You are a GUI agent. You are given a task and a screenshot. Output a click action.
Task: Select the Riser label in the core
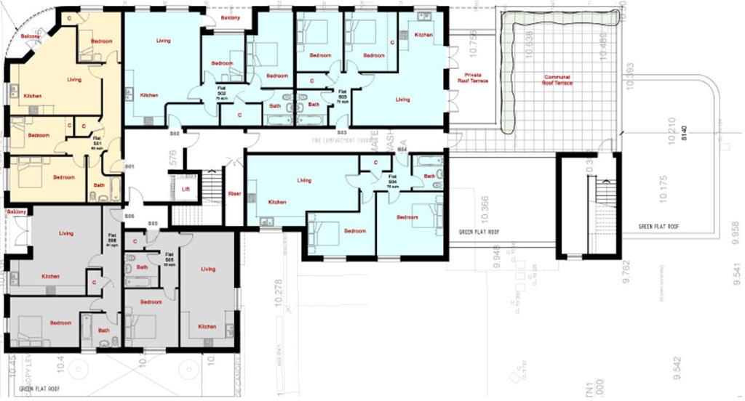(234, 194)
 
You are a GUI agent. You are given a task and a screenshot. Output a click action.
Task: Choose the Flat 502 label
(222, 92)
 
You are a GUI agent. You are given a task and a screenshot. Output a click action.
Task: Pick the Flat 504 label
(393, 179)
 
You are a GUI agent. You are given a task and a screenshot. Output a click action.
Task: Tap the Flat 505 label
(169, 256)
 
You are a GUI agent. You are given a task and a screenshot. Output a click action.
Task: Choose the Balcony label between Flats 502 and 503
(231, 17)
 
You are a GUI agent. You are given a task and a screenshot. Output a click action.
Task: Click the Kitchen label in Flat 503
(424, 35)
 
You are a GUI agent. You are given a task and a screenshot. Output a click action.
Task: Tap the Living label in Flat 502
(163, 41)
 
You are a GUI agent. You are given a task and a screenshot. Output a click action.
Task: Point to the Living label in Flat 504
(303, 180)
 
